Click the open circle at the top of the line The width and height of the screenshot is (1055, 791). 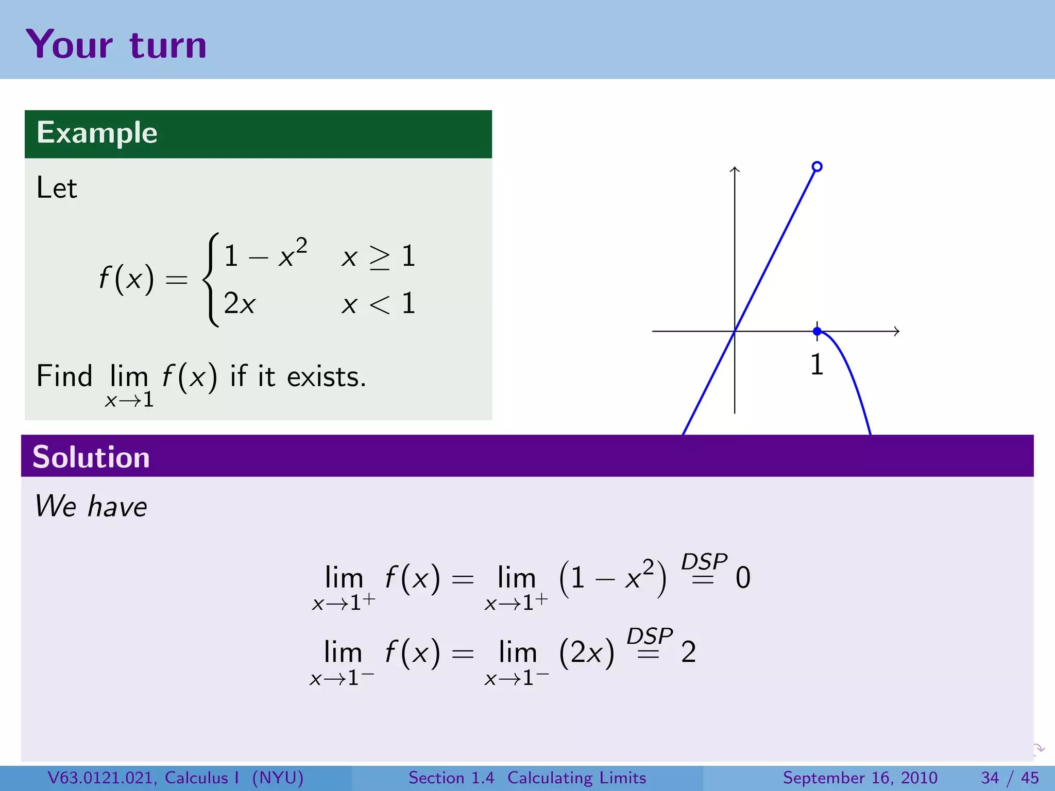click(x=817, y=166)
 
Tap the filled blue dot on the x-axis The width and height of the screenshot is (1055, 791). click(x=817, y=331)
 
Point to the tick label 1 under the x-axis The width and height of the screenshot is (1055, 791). click(x=817, y=365)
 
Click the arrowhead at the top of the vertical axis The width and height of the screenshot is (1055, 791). click(x=735, y=169)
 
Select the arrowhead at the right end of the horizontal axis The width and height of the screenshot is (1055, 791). click(x=897, y=331)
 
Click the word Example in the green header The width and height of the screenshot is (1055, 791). click(x=97, y=133)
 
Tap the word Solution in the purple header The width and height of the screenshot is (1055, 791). click(x=91, y=457)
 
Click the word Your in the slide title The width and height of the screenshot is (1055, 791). click(x=69, y=45)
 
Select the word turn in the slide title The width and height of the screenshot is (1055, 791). click(x=168, y=45)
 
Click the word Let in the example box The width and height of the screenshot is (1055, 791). click(x=57, y=187)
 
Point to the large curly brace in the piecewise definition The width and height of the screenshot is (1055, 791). click(x=210, y=280)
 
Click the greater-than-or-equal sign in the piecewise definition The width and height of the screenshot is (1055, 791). click(x=380, y=257)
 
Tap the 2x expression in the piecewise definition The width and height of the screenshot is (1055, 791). click(x=240, y=303)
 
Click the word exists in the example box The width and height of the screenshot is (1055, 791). click(x=326, y=376)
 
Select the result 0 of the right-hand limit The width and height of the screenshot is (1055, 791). click(x=743, y=578)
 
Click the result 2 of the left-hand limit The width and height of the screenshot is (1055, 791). click(x=689, y=652)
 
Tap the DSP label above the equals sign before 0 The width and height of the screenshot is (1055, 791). click(x=704, y=561)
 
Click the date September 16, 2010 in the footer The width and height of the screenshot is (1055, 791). click(x=860, y=778)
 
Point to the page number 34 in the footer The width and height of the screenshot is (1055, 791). click(x=990, y=778)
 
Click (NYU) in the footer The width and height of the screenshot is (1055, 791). click(x=278, y=778)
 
